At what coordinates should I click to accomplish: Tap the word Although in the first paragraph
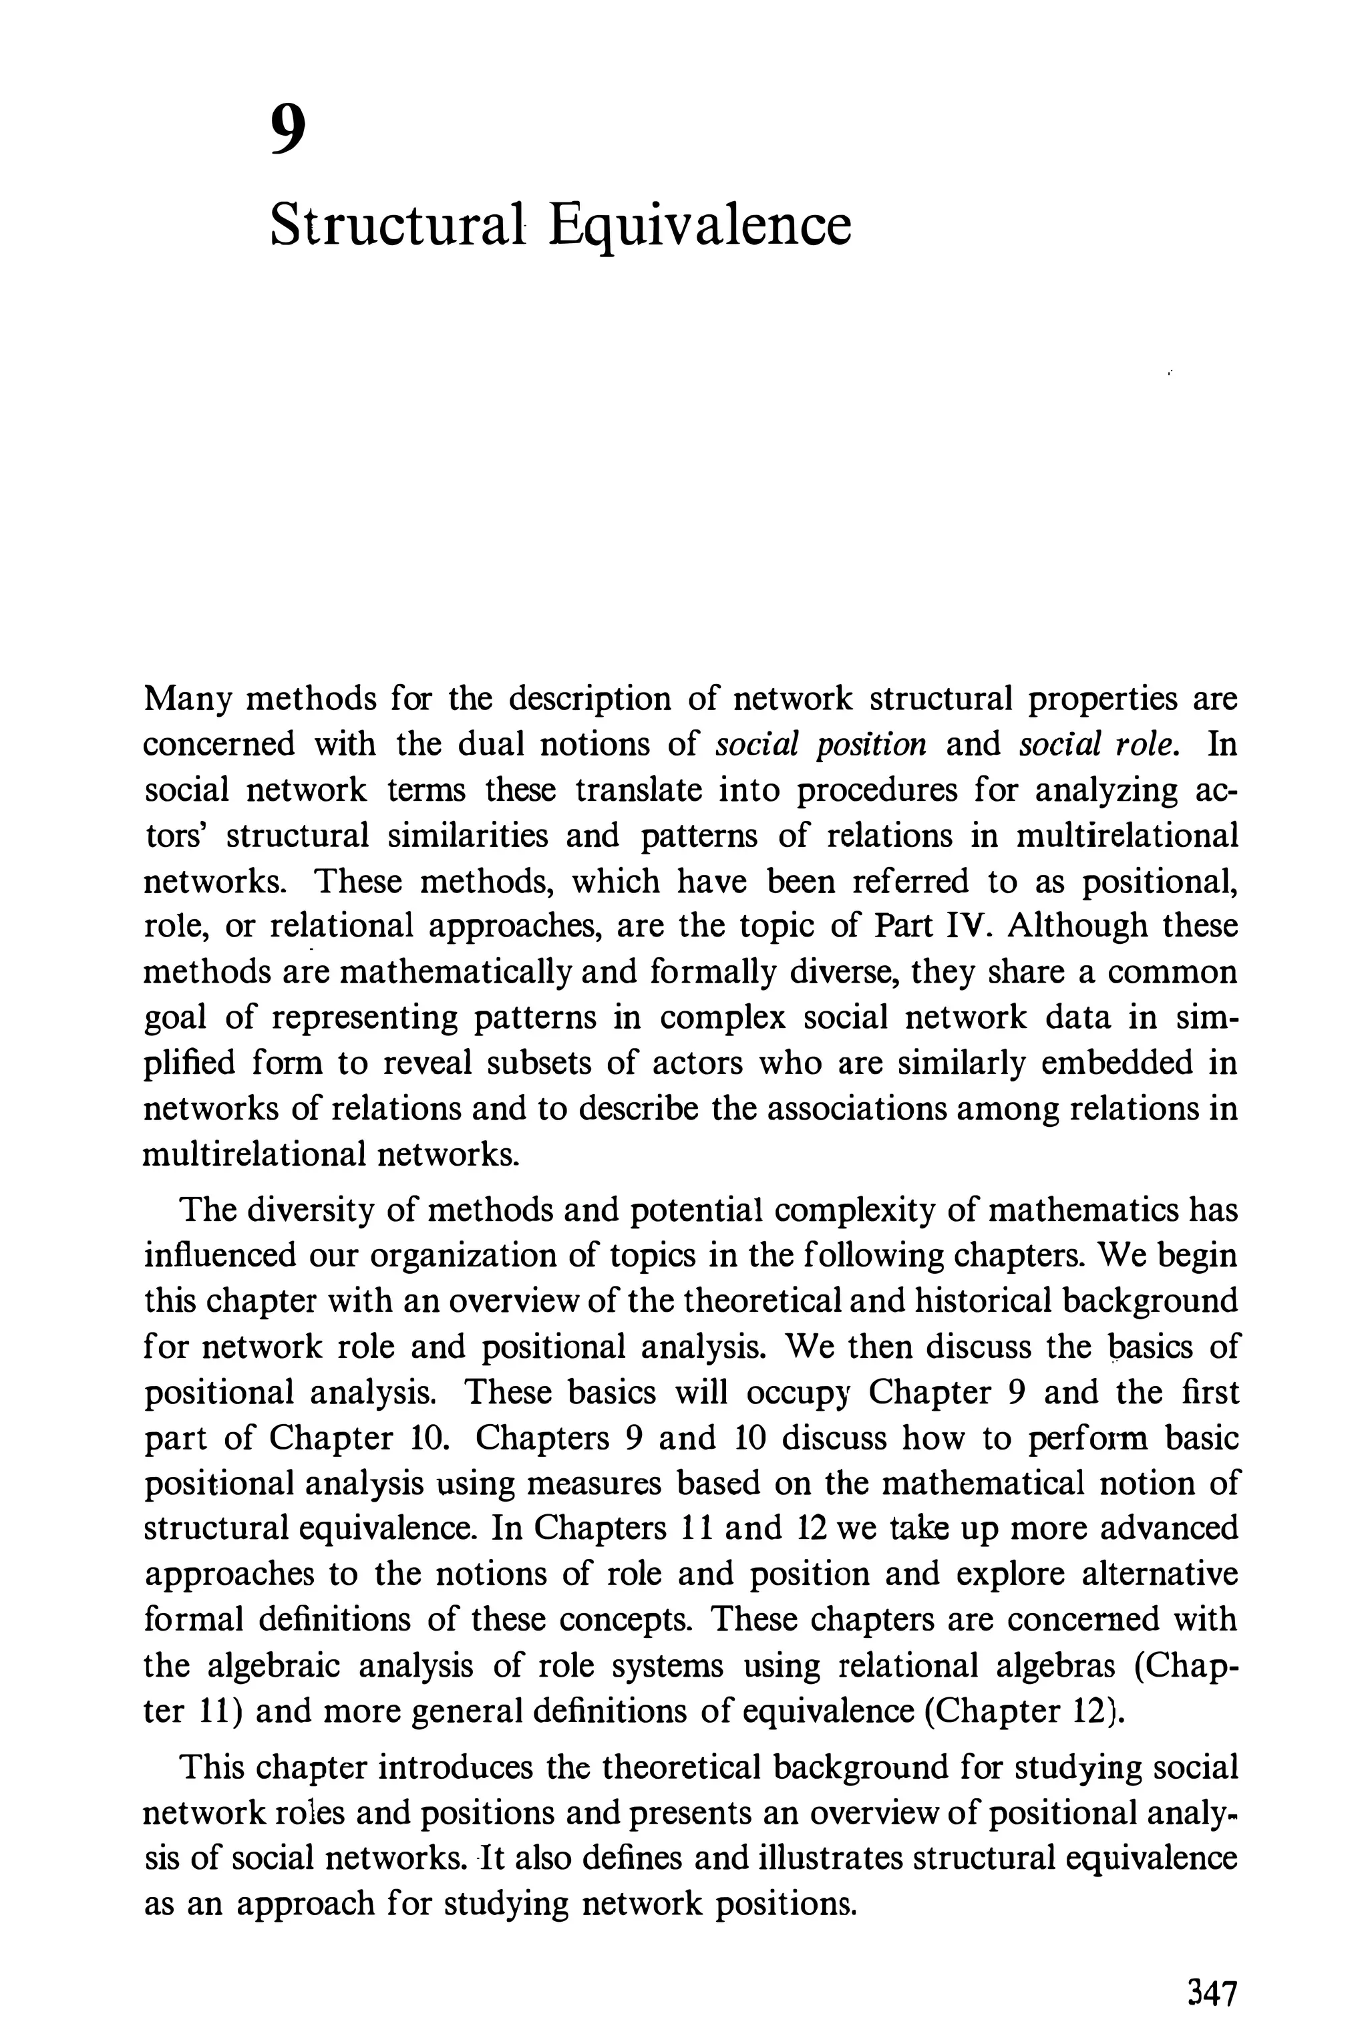coord(1075,926)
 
